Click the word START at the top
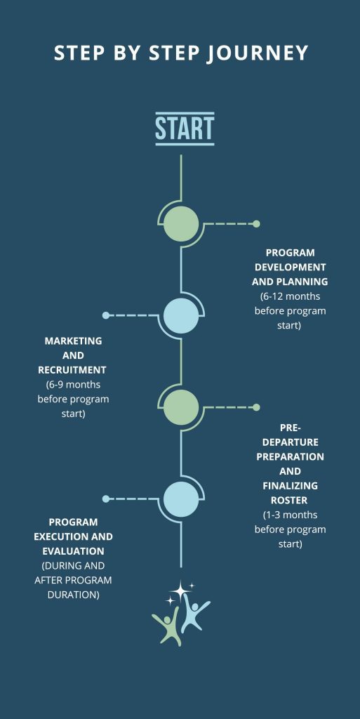[x=185, y=128]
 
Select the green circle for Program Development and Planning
[x=181, y=224]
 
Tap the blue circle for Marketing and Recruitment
[x=181, y=315]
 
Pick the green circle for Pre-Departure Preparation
[x=181, y=407]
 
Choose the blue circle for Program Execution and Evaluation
[x=181, y=499]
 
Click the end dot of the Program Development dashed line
[x=256, y=224]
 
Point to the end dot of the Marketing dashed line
[x=106, y=315]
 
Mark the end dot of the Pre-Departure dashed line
[x=256, y=407]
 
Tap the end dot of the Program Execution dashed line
[x=106, y=499]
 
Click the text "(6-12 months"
[x=290, y=296]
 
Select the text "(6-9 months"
[x=73, y=384]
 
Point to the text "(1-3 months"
[x=290, y=515]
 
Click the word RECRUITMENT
[x=72, y=369]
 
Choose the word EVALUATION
[x=73, y=550]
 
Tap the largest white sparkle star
[x=180, y=590]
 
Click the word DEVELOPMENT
[x=291, y=267]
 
